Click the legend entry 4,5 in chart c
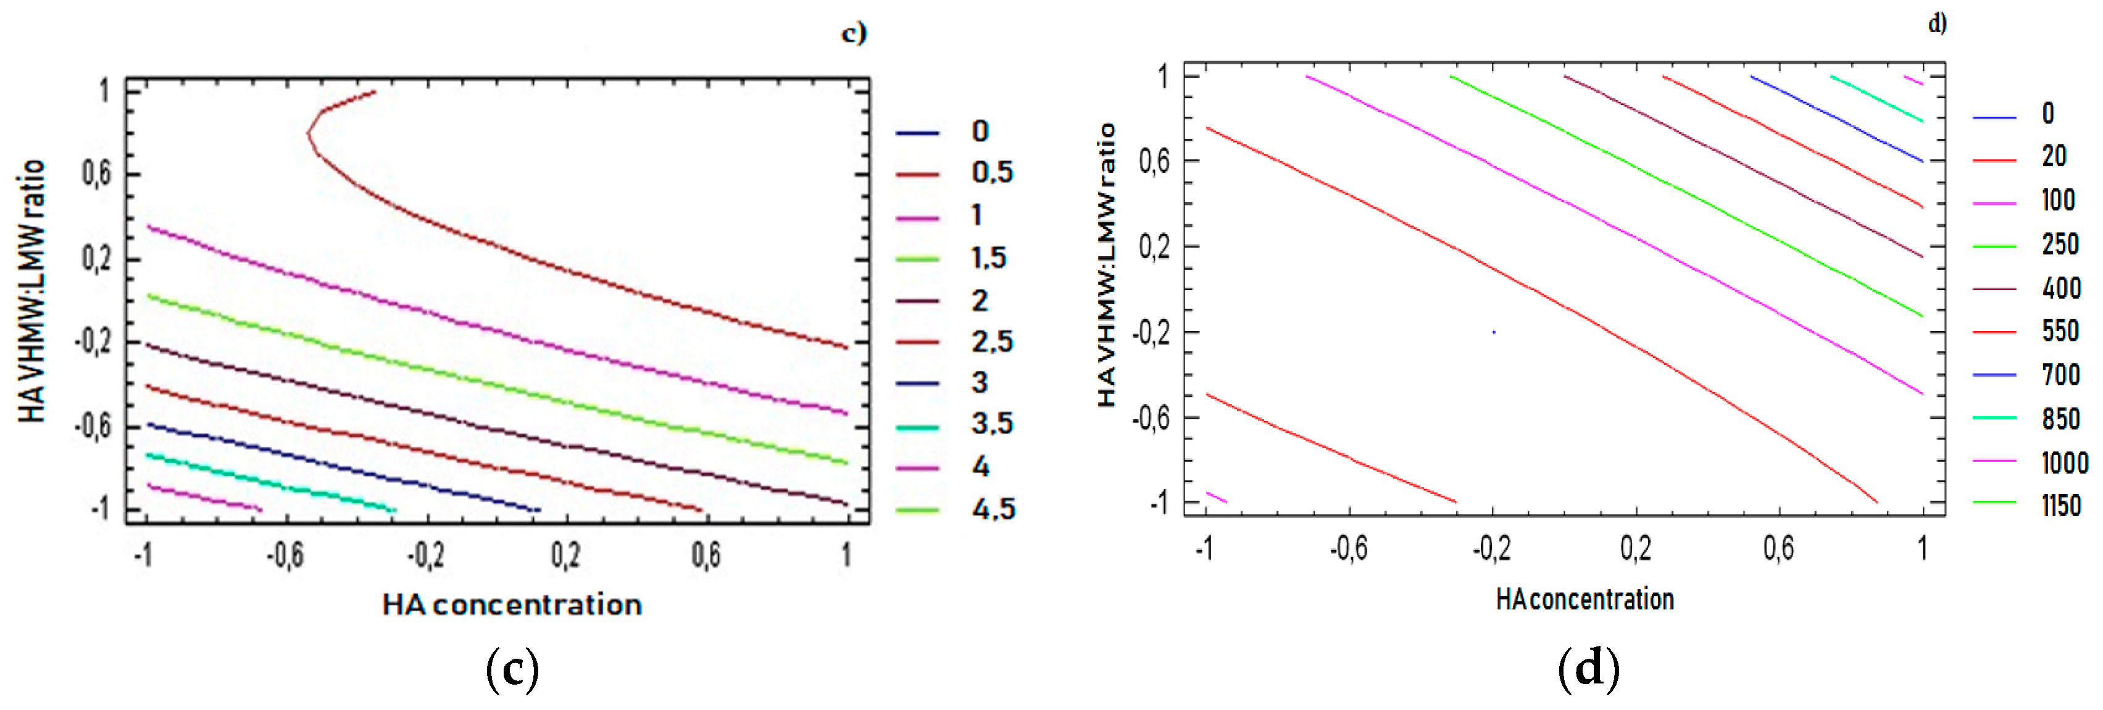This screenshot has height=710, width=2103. (x=993, y=509)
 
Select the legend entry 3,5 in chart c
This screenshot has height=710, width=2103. (x=991, y=424)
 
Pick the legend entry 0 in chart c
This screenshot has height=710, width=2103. (x=980, y=132)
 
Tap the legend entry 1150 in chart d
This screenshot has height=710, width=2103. (x=2060, y=506)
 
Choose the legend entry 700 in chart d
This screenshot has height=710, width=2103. (x=2060, y=375)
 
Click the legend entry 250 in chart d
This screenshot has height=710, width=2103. (x=2060, y=244)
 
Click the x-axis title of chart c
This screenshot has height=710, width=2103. (x=512, y=604)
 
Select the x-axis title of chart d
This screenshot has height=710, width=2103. (x=1584, y=600)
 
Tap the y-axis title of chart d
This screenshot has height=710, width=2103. (x=1106, y=265)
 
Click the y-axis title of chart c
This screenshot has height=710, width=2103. (x=31, y=291)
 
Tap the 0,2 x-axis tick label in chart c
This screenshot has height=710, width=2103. (x=565, y=556)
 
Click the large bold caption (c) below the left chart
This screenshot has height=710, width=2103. (x=512, y=669)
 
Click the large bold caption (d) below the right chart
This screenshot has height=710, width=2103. (x=1588, y=669)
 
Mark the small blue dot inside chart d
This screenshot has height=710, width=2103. (x=1493, y=332)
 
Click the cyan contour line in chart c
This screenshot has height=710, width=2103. (x=269, y=483)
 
